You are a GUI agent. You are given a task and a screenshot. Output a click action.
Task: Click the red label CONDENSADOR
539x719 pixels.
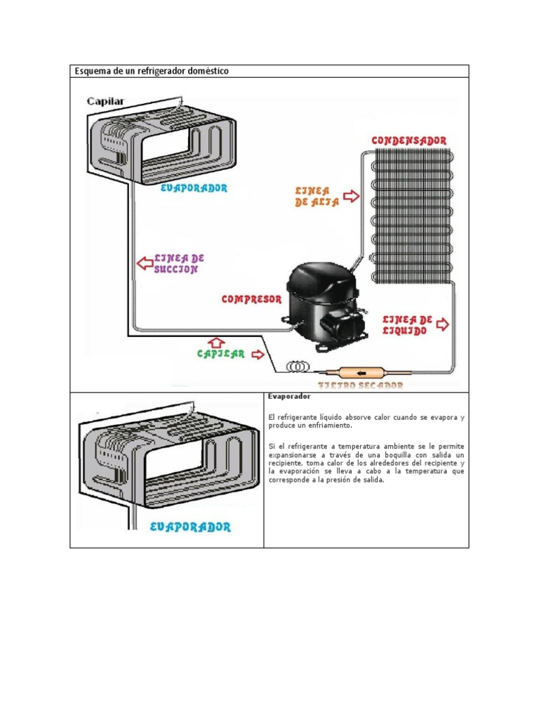408,140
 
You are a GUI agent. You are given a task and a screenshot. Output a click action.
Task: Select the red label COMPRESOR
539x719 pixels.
251,299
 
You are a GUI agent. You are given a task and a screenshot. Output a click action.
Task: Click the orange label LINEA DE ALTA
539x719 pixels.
317,197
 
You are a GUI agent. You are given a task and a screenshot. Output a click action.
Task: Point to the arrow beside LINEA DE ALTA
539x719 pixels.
351,195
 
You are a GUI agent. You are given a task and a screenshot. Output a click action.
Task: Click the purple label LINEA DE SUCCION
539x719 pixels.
179,263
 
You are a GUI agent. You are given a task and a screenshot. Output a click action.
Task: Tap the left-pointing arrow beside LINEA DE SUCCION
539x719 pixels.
145,263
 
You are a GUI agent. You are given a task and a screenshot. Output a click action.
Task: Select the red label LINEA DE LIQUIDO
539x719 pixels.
407,325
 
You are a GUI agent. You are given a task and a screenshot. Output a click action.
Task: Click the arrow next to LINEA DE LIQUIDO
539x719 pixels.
443,324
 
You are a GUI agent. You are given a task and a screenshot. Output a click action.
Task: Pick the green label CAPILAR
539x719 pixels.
220,355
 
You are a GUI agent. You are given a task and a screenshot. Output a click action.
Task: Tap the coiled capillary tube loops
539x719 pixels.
298,367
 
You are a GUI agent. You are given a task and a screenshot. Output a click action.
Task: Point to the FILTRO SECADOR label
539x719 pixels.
361,385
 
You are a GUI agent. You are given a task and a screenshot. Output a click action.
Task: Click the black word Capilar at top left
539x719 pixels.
105,101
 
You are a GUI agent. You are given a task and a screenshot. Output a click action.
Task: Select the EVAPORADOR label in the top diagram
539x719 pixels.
194,188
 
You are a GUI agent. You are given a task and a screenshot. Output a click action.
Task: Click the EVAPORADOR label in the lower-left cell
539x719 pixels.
190,527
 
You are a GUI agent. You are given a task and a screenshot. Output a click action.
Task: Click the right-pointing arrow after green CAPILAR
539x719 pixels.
258,355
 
